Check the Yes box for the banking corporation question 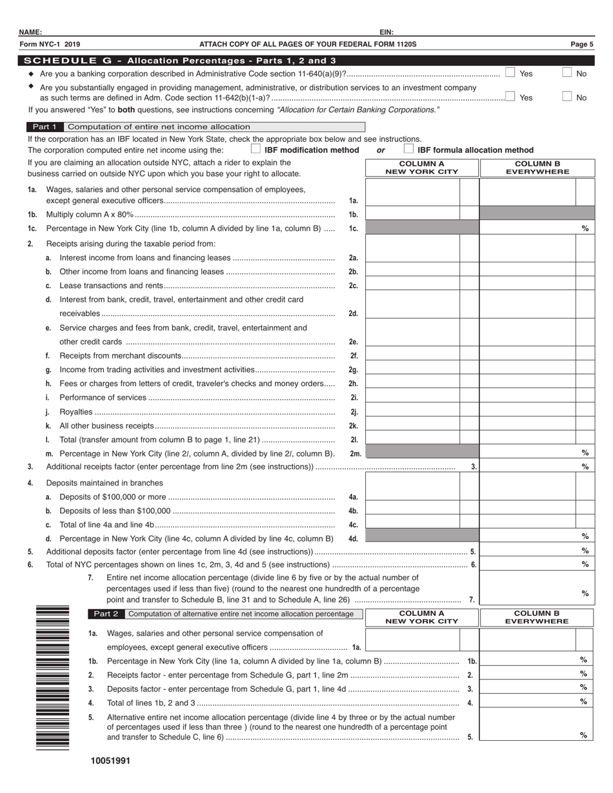click(510, 73)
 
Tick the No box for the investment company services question click(567, 97)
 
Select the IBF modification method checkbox click(256, 149)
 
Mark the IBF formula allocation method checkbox click(408, 149)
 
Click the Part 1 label click(45, 127)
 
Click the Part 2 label click(106, 614)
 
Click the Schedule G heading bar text click(179, 61)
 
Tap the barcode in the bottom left click(52, 677)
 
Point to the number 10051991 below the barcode click(110, 761)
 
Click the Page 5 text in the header click(581, 44)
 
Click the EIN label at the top click(387, 32)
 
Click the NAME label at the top click(30, 32)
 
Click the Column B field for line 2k click(527, 426)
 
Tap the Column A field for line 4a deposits click(413, 497)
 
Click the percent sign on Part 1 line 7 click(585, 593)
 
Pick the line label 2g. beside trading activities click(353, 369)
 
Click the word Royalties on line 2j click(75, 412)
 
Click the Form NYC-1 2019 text click(50, 44)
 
